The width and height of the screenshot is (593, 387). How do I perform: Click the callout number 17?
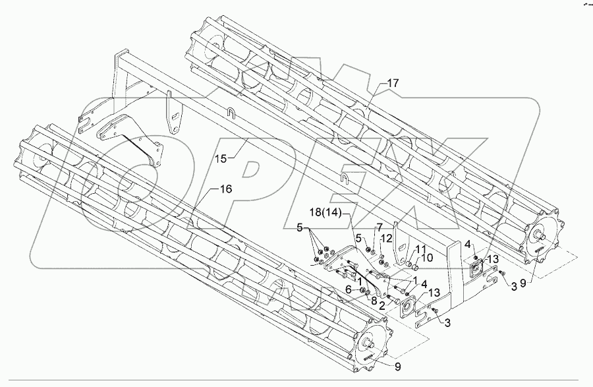(x=393, y=84)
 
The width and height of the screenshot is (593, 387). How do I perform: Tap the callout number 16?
(x=225, y=189)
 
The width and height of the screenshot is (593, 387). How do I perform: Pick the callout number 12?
(x=387, y=239)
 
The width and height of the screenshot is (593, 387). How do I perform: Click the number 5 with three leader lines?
(x=301, y=228)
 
